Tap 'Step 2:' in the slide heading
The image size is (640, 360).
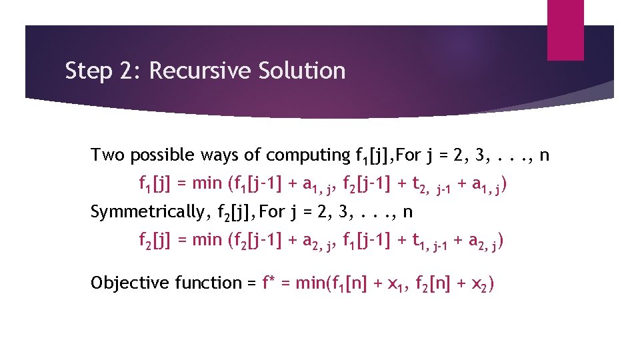(x=103, y=71)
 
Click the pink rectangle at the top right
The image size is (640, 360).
(x=565, y=29)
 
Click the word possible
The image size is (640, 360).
(x=158, y=156)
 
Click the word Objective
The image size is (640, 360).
(x=130, y=283)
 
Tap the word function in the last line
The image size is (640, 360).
(x=210, y=283)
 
